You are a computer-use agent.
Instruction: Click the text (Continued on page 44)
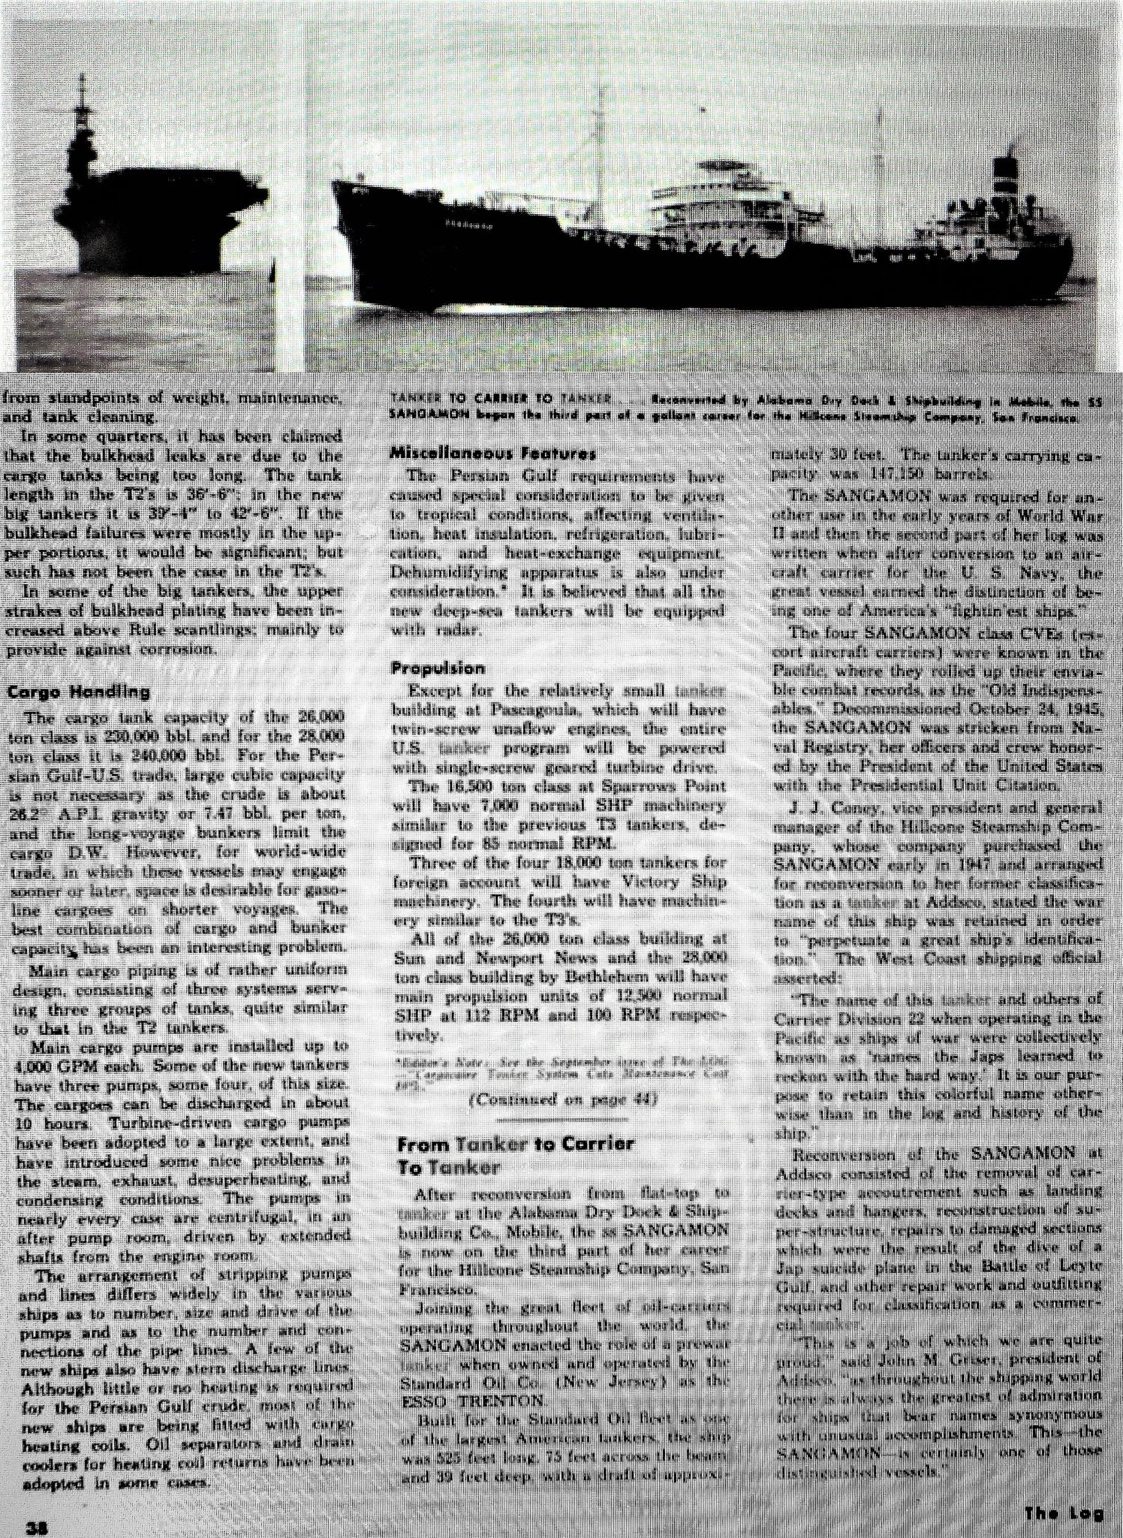(561, 1100)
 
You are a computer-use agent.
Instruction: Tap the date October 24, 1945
(1025, 707)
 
